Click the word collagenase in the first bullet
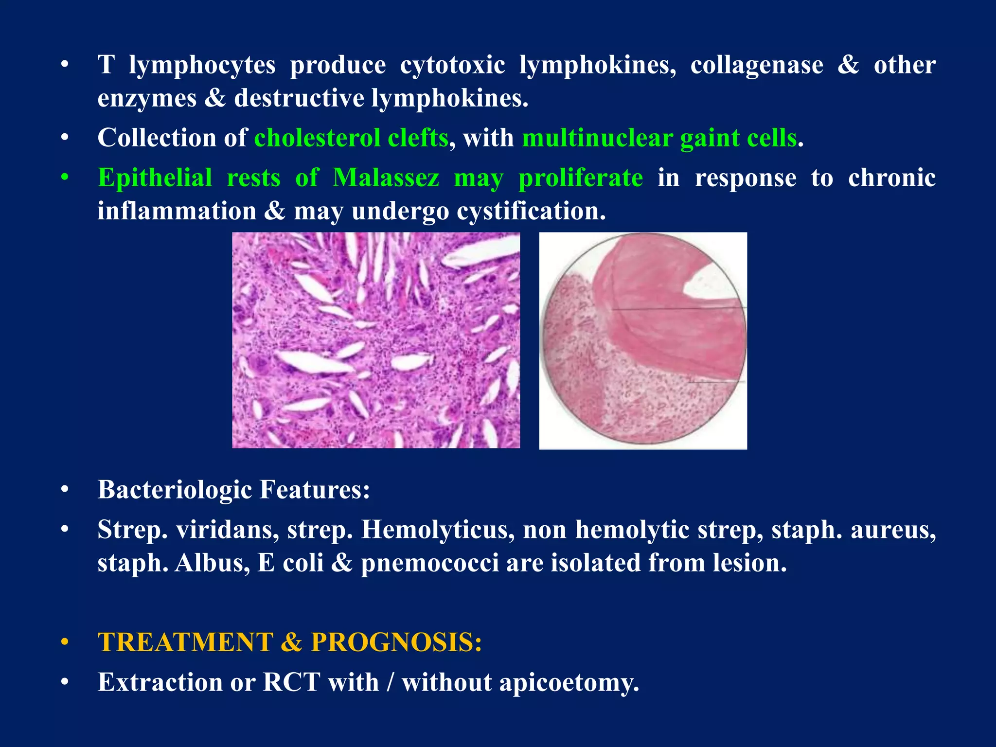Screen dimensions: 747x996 pyautogui.click(x=756, y=66)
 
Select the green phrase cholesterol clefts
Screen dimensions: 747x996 pyautogui.click(x=351, y=138)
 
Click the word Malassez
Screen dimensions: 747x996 pyautogui.click(x=386, y=178)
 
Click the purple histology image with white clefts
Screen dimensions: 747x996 pyautogui.click(x=376, y=340)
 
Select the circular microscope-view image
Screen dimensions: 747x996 pyautogui.click(x=643, y=340)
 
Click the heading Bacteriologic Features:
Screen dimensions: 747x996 pyautogui.click(x=234, y=490)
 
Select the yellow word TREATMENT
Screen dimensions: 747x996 pyautogui.click(x=185, y=642)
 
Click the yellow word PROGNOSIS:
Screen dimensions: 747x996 pyautogui.click(x=396, y=642)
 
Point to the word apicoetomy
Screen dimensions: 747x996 pyautogui.click(x=569, y=682)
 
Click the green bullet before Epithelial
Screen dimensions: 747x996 pyautogui.click(x=65, y=178)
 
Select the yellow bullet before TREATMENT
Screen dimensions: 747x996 pyautogui.click(x=65, y=643)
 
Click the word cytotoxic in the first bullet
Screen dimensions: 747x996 pyautogui.click(x=452, y=66)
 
